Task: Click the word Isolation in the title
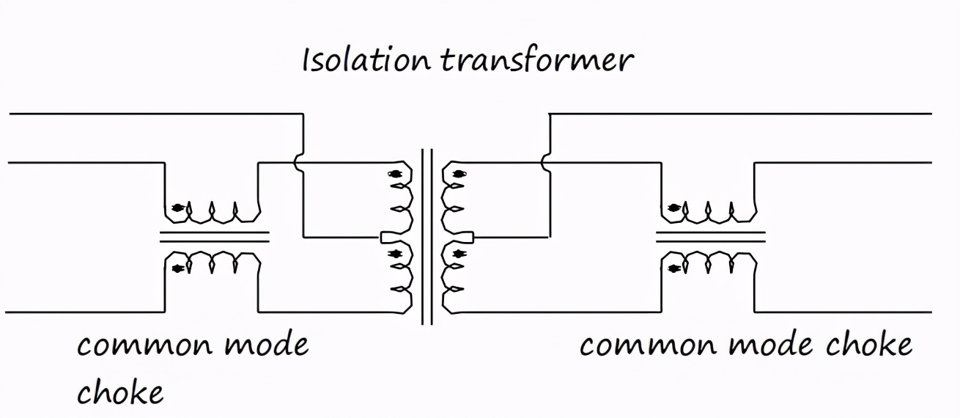[x=365, y=60]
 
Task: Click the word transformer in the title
[x=535, y=60]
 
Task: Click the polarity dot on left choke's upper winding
[x=177, y=208]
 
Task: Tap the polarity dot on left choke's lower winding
[x=177, y=268]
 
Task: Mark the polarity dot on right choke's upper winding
[x=673, y=208]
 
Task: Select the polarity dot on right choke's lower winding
[x=673, y=268]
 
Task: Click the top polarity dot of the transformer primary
[x=395, y=175]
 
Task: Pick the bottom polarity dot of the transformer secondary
[x=459, y=254]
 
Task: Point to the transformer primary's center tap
[x=388, y=237]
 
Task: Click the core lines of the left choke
[x=214, y=237]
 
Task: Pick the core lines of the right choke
[x=710, y=237]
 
